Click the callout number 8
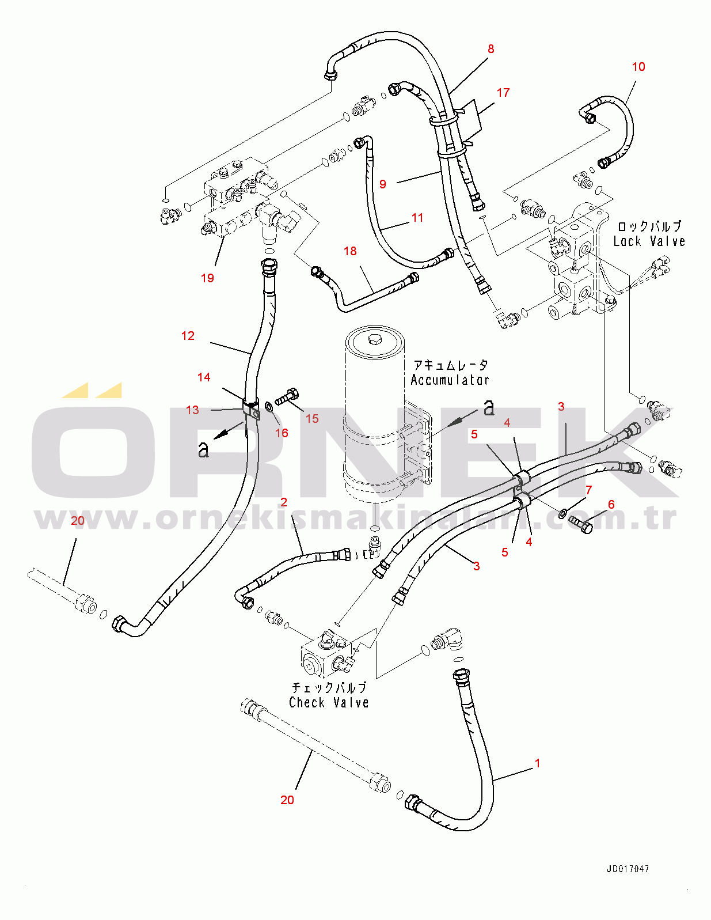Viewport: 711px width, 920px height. coord(491,49)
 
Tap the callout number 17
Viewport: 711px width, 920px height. coord(503,93)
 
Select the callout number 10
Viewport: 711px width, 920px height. coord(638,67)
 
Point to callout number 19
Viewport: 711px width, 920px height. coord(207,278)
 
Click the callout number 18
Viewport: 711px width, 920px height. coord(350,251)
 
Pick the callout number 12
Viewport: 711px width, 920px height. coord(188,336)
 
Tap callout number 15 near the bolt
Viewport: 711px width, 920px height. coord(312,419)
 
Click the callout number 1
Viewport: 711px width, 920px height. coord(537,763)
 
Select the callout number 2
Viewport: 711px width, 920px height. coord(284,502)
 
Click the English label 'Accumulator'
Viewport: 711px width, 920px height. coord(450,380)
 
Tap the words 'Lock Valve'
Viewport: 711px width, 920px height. coord(649,241)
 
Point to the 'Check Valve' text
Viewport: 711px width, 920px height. coord(329,703)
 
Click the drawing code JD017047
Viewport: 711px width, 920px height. coord(628,869)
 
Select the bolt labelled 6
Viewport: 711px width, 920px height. coord(581,524)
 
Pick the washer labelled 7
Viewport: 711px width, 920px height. coord(562,512)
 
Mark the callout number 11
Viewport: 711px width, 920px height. coord(417,218)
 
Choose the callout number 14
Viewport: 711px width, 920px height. coord(204,377)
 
